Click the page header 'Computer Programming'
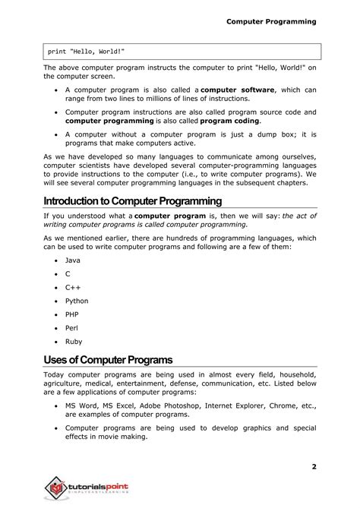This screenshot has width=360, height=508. point(270,21)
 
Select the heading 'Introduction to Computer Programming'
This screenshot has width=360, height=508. point(132,201)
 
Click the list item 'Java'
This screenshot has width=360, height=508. point(72,260)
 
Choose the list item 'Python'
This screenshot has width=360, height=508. point(77,301)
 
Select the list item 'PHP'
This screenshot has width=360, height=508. point(72,314)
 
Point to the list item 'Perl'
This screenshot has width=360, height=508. point(72,328)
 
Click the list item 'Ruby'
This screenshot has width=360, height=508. point(74,342)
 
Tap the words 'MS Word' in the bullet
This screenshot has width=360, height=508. point(81,406)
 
